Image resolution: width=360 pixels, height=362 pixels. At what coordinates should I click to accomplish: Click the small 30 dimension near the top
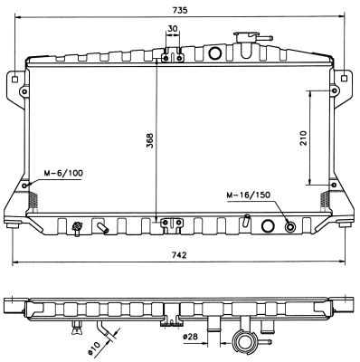point(173,28)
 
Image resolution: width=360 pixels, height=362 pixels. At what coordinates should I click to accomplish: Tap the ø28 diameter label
point(191,338)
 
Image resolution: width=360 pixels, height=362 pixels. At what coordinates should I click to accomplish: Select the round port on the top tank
point(214,53)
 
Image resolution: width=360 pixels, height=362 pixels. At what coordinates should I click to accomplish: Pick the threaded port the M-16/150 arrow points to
point(289,226)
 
